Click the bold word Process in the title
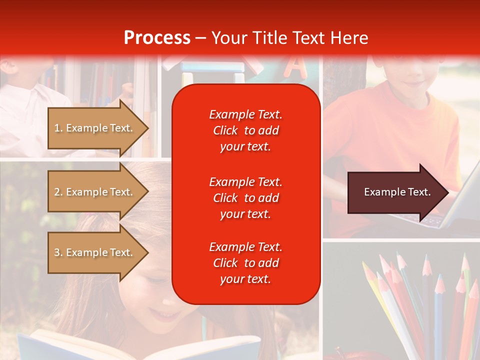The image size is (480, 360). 157,38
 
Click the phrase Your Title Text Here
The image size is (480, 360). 289,38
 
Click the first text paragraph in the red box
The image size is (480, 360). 245,130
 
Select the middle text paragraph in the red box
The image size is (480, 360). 245,198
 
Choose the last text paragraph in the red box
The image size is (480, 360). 245,263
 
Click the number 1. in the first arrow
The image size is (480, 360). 58,128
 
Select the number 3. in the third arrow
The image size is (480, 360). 58,252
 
